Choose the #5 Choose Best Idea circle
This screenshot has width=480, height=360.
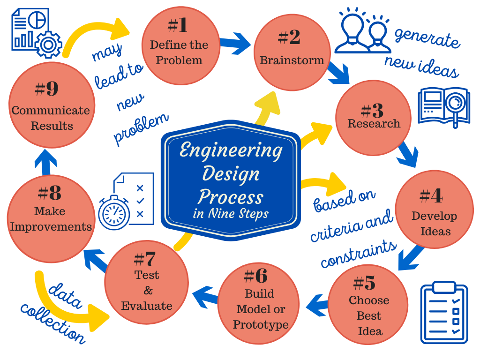[x=368, y=305]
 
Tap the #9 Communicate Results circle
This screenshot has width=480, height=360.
[x=52, y=105]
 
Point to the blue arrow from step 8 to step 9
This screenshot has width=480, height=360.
[x=45, y=162]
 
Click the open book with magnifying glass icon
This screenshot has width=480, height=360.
[x=443, y=106]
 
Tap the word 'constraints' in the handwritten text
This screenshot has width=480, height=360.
[x=359, y=254]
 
